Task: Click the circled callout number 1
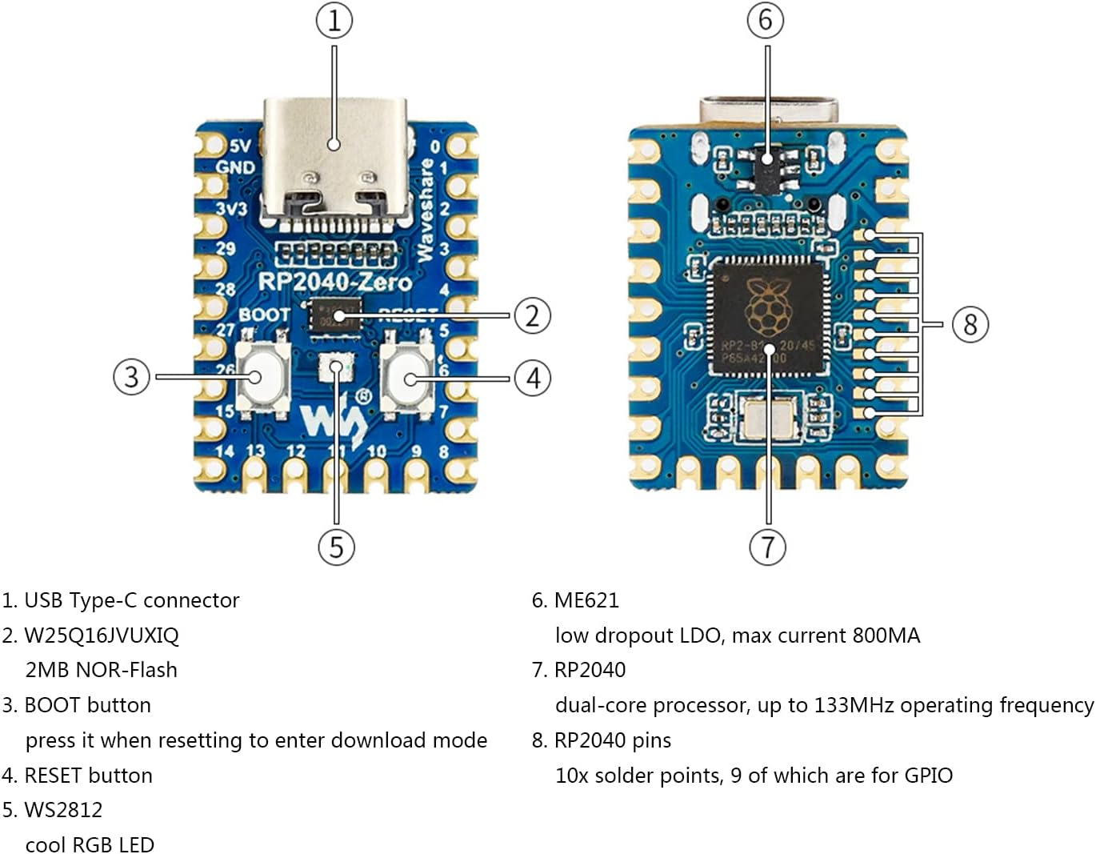pyautogui.click(x=334, y=21)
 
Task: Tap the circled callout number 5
pyautogui.click(x=336, y=547)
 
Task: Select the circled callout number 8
pyautogui.click(x=970, y=324)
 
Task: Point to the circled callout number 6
pyautogui.click(x=766, y=21)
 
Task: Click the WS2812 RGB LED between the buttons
pyautogui.click(x=335, y=368)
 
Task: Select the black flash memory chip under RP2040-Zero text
pyautogui.click(x=335, y=315)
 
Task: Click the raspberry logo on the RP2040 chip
pyautogui.click(x=766, y=306)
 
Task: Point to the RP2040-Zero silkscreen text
pyautogui.click(x=334, y=282)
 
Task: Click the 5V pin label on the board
pyautogui.click(x=240, y=146)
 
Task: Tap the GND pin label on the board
pyautogui.click(x=236, y=167)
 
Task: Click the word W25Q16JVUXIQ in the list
pyautogui.click(x=102, y=635)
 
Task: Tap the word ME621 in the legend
pyautogui.click(x=586, y=600)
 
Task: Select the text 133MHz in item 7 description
pyautogui.click(x=854, y=705)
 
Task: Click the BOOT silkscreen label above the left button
pyautogui.click(x=264, y=315)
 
